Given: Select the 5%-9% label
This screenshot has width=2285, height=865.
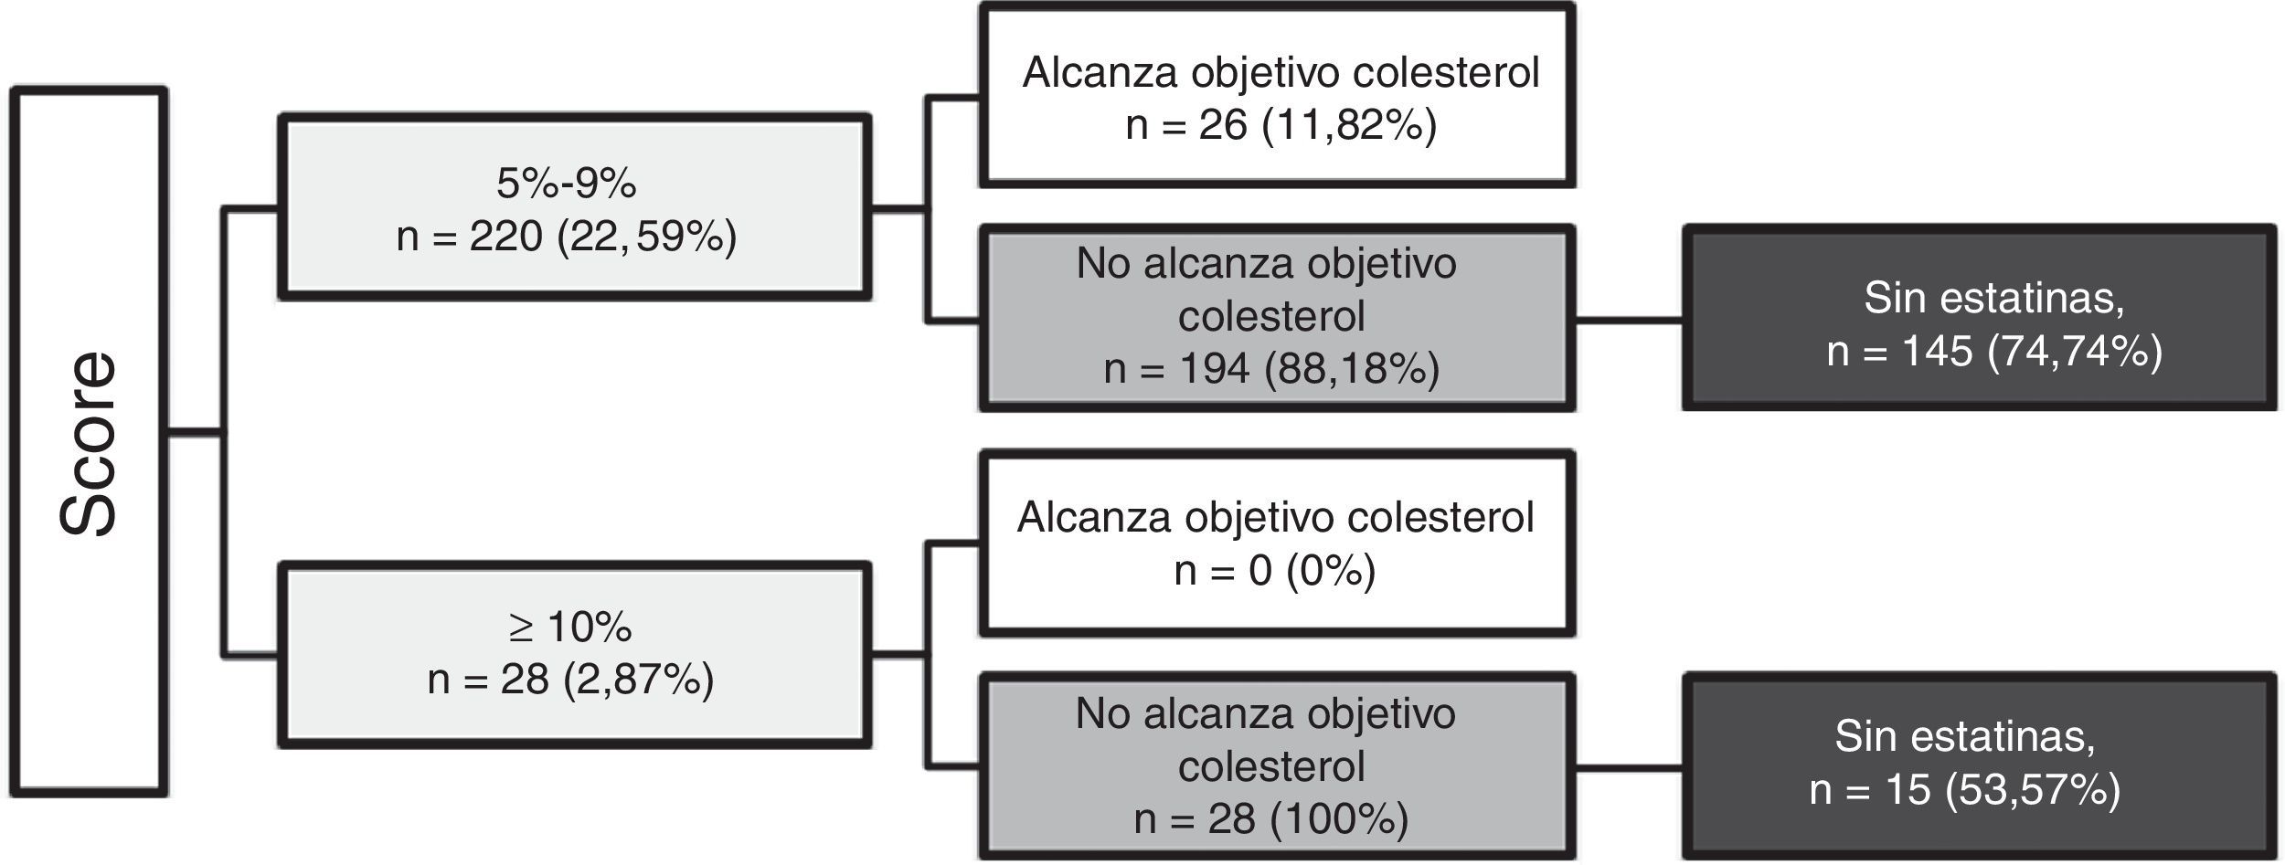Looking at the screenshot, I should click(567, 184).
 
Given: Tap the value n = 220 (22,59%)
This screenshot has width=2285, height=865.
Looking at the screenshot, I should click(567, 237).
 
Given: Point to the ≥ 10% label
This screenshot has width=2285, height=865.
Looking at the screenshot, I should click(570, 628).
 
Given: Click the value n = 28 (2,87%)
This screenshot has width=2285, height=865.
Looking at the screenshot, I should click(570, 680).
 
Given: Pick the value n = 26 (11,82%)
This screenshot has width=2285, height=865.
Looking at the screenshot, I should click(1281, 125).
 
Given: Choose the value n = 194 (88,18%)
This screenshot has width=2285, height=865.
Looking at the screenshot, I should click(1271, 369).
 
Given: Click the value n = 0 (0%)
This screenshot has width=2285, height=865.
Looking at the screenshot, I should click(1275, 571).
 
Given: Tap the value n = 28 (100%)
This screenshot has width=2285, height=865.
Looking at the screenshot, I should click(1271, 819).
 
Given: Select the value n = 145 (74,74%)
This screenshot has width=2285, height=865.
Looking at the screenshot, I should click(1994, 352).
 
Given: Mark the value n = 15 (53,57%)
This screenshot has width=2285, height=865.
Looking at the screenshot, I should click(1965, 790).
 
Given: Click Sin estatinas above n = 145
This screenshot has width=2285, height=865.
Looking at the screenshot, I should click(1994, 299).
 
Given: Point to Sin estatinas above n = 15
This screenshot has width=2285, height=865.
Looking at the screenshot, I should click(1965, 737).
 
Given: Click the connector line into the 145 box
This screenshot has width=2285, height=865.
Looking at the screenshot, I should click(1629, 321).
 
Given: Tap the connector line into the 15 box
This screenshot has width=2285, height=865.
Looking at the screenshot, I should click(1629, 768).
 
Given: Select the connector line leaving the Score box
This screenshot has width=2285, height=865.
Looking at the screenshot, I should click(195, 433).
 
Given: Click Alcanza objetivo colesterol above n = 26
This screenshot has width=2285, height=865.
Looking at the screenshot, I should click(1281, 72).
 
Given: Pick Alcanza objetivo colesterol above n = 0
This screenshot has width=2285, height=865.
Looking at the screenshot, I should click(1275, 518).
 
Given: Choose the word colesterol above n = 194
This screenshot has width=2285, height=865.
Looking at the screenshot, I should click(1271, 316).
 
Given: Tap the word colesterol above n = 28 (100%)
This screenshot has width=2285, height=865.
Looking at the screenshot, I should click(1271, 766).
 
